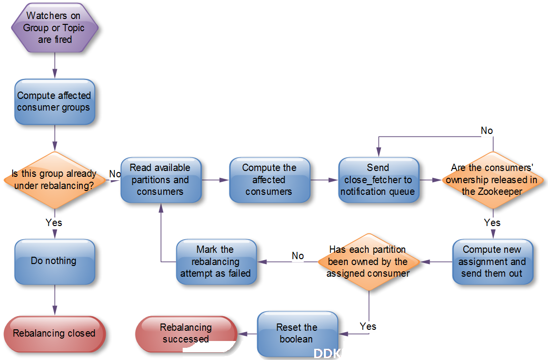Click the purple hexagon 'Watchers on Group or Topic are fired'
click(x=55, y=28)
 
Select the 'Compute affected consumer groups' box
click(x=55, y=102)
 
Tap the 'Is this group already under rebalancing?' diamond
click(x=55, y=180)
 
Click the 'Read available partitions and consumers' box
click(x=161, y=180)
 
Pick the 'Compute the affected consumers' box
click(x=270, y=180)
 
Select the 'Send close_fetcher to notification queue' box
click(x=379, y=180)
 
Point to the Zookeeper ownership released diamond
click(x=493, y=180)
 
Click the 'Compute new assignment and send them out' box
click(x=493, y=262)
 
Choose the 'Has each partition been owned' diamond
click(x=369, y=262)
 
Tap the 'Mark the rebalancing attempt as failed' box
click(x=216, y=262)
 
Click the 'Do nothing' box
click(x=55, y=262)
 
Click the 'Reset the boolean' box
click(x=298, y=334)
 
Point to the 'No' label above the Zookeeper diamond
click(x=487, y=131)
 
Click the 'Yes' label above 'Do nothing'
click(x=54, y=223)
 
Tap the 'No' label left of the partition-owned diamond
click(x=298, y=256)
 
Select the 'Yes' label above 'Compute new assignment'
click(x=492, y=223)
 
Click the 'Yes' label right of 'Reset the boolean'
click(x=368, y=326)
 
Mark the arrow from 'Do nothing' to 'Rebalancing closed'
click(x=55, y=300)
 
